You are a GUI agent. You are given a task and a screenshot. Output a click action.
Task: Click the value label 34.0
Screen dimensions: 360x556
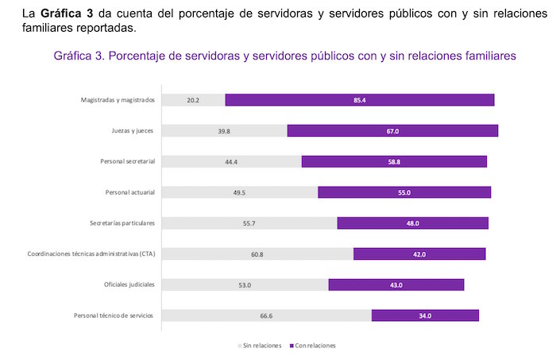425,315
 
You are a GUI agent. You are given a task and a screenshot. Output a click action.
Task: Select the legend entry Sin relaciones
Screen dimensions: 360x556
260,346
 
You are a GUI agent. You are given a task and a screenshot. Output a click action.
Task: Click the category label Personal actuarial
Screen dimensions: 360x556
129,192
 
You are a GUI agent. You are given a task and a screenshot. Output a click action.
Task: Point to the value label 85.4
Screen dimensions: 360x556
360,100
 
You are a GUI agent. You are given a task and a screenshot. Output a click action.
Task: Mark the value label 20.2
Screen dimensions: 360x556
191,100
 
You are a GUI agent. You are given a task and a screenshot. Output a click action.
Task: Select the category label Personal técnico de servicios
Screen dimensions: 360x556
114,315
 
